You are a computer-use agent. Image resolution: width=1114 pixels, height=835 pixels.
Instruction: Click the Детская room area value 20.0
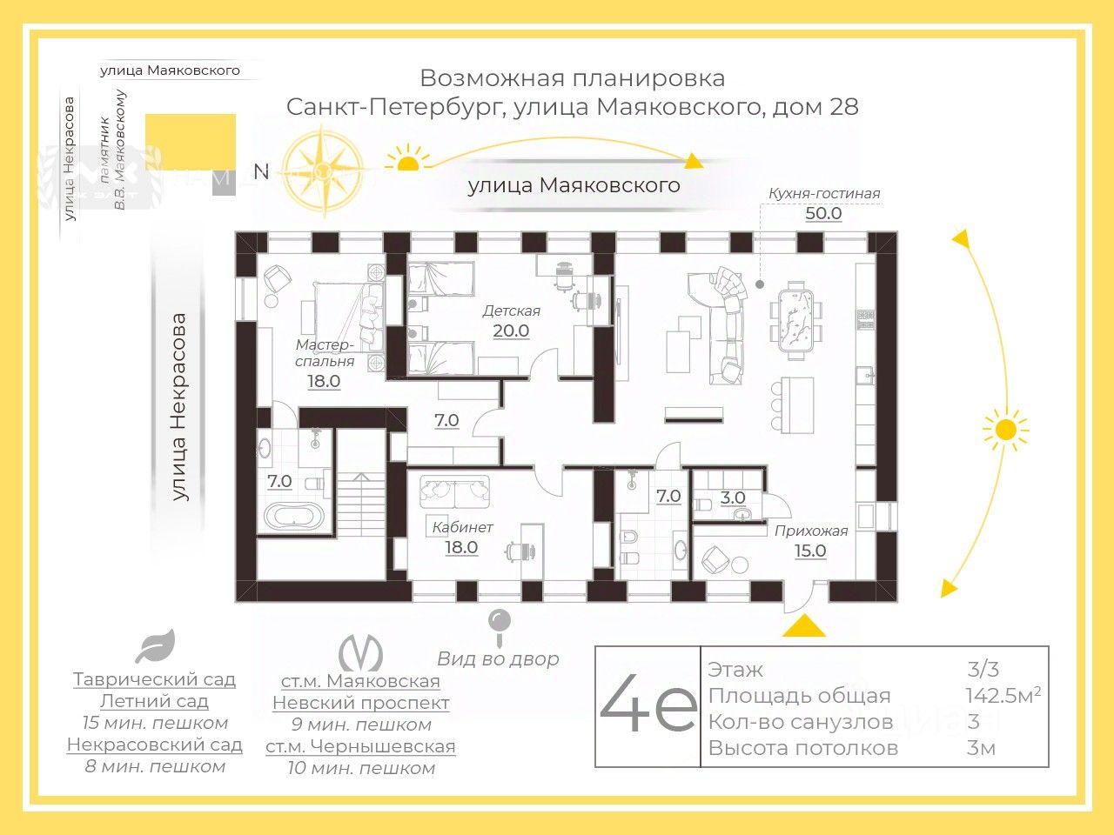coord(511,331)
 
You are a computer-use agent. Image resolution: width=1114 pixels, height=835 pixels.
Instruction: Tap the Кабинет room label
coord(462,527)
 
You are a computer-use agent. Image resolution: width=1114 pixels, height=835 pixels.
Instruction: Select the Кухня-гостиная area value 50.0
coord(823,213)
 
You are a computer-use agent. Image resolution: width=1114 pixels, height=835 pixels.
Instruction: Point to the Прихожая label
coord(811,531)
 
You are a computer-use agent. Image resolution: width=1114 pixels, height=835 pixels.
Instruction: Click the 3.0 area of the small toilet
coord(733,498)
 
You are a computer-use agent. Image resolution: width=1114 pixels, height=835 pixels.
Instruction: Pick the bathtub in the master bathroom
coord(293,517)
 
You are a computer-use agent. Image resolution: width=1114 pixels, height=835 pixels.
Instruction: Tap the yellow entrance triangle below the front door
coord(804,625)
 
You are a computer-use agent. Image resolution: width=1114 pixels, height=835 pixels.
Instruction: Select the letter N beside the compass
coord(261,172)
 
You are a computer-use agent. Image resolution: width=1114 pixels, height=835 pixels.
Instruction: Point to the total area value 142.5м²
coord(1003,696)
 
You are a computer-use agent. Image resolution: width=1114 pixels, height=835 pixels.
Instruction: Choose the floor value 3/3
coord(983,670)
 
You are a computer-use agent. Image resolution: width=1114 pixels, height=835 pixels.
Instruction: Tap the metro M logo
coord(361,653)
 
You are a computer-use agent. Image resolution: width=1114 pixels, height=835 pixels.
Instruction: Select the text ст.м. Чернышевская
coord(361,746)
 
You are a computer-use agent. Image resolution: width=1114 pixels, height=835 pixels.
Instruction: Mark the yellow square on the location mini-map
coord(191,142)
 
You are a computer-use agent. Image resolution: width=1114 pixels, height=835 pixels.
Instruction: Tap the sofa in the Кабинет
coord(454,491)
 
